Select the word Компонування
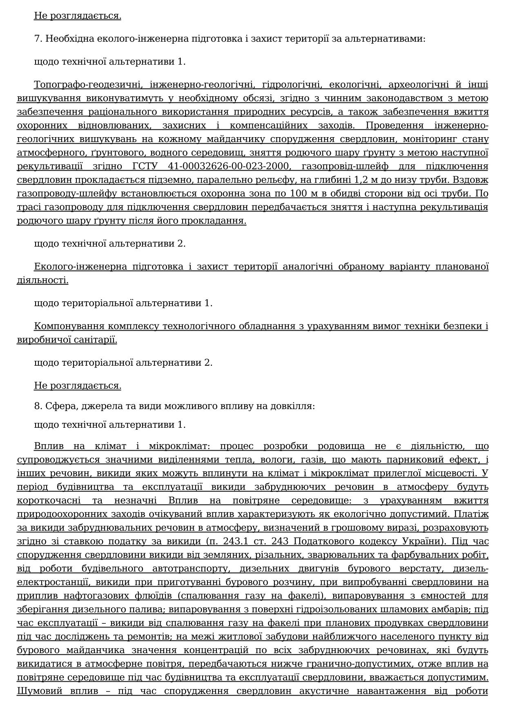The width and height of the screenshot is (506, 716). (x=65, y=326)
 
